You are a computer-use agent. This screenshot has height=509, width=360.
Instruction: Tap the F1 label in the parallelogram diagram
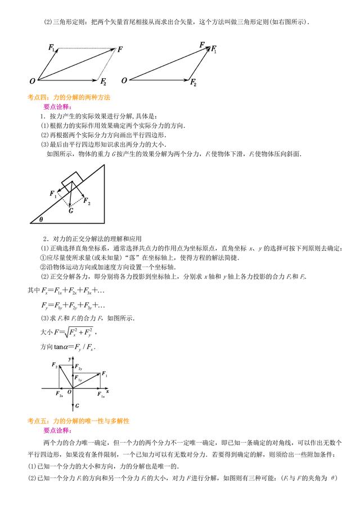52,48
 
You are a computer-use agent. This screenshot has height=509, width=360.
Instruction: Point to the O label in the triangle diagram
124,80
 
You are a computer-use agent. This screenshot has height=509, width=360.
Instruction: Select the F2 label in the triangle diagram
193,83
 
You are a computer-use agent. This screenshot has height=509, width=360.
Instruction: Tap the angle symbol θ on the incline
41,219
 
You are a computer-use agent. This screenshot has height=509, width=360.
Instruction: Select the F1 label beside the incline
53,194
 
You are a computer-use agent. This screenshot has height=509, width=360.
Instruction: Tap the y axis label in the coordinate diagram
67,358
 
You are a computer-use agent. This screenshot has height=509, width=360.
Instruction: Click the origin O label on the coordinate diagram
69,392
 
